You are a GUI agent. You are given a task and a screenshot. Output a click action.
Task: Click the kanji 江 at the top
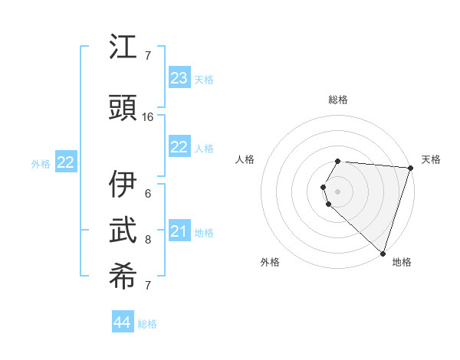pyautogui.click(x=123, y=47)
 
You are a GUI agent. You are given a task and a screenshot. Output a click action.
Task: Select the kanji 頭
pyautogui.click(x=123, y=107)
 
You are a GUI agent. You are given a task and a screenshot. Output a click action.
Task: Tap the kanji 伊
pyautogui.click(x=123, y=185)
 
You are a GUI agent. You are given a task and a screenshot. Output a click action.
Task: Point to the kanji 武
pyautogui.click(x=123, y=231)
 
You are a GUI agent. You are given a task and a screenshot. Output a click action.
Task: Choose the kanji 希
pyautogui.click(x=123, y=277)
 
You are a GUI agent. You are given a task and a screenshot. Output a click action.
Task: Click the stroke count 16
pyautogui.click(x=148, y=116)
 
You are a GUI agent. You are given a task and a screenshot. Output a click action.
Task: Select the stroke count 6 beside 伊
pyautogui.click(x=148, y=193)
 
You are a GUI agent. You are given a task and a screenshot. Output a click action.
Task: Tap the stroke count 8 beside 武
pyautogui.click(x=148, y=239)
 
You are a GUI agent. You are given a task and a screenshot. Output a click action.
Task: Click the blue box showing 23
pyautogui.click(x=179, y=78)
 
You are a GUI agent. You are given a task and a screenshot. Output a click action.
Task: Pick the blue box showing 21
pyautogui.click(x=179, y=231)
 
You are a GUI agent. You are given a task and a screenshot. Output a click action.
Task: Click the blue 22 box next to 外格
pyautogui.click(x=65, y=162)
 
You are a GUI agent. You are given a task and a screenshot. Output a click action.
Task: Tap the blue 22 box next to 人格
pyautogui.click(x=179, y=147)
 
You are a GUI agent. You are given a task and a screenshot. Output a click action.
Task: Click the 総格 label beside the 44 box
pyautogui.click(x=147, y=324)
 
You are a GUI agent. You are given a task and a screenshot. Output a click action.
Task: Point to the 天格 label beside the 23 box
pyautogui.click(x=204, y=80)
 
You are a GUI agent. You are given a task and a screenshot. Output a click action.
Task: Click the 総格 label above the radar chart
pyautogui.click(x=338, y=100)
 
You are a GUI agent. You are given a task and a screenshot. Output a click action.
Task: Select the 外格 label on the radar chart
pyautogui.click(x=270, y=262)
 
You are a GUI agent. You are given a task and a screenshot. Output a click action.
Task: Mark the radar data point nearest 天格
pyautogui.click(x=410, y=168)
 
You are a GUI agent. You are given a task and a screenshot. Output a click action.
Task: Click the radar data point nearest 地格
pyautogui.click(x=383, y=253)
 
